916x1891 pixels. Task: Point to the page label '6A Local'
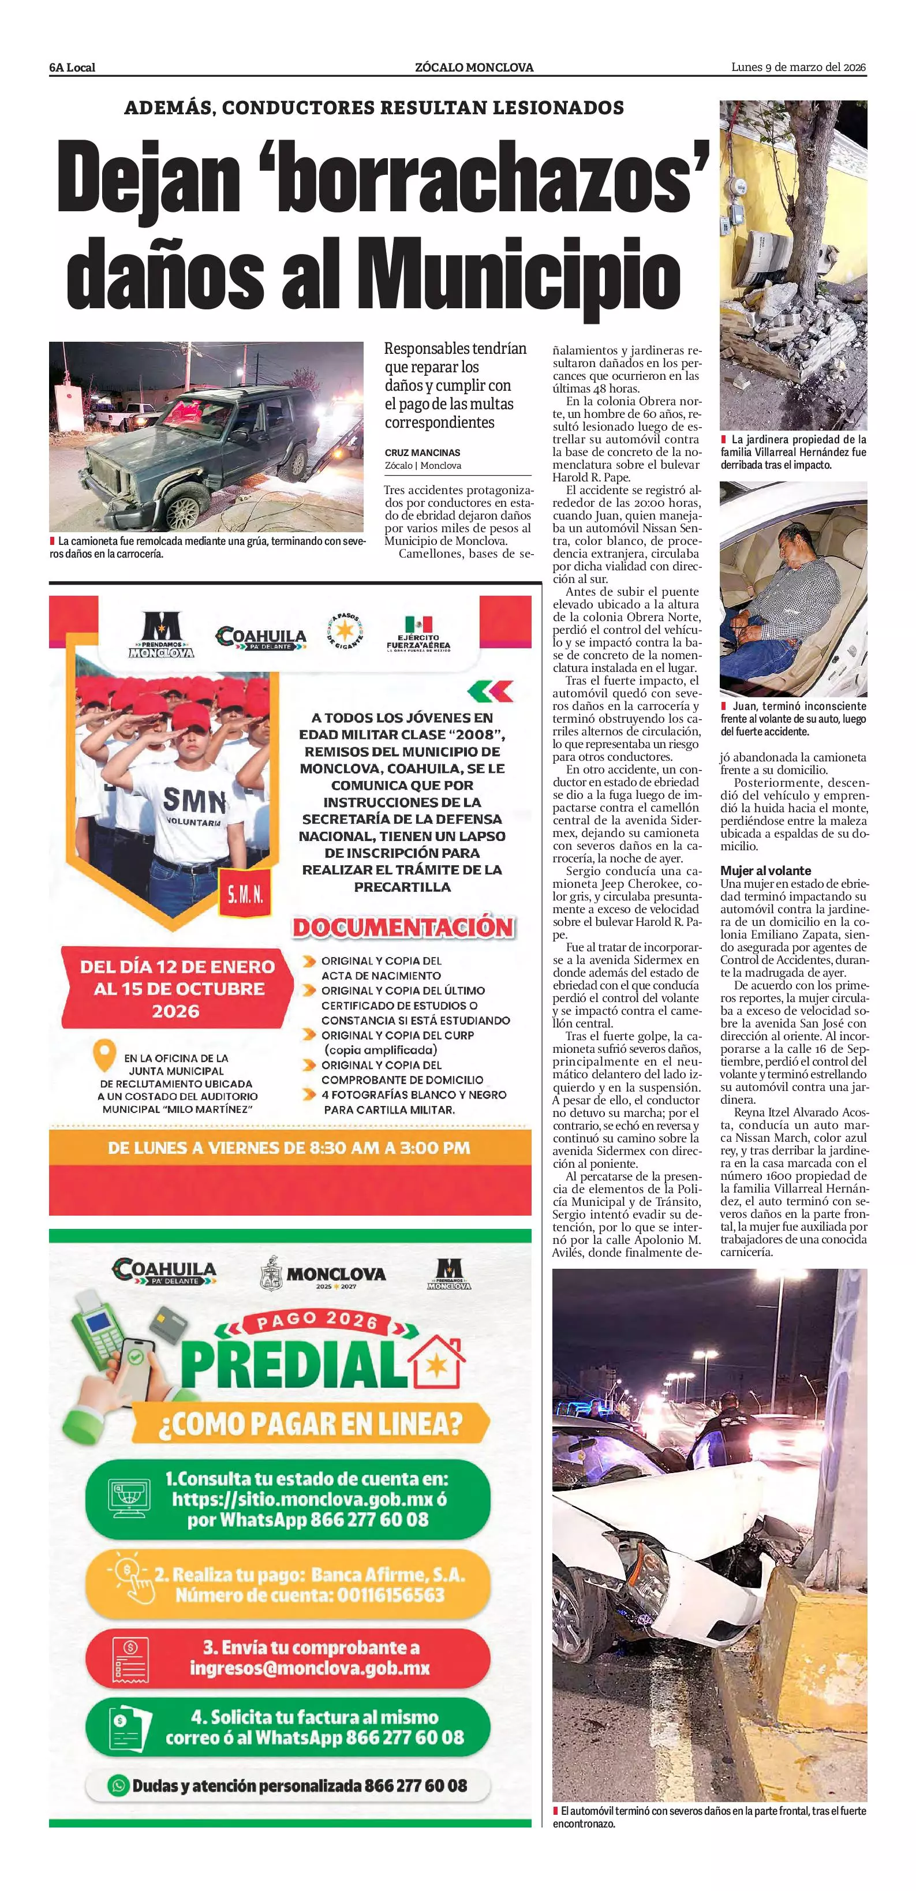pos(72,68)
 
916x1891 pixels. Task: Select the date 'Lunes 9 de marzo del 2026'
pos(799,68)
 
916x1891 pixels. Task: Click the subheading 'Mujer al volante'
pos(765,870)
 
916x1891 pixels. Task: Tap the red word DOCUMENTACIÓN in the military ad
pos(403,927)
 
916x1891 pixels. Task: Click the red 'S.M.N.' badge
pos(244,894)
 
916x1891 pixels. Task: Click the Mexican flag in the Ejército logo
pos(418,624)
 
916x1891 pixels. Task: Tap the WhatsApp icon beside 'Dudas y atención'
pos(118,1785)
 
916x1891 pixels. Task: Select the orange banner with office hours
pos(290,1148)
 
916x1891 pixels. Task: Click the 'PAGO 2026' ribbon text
pos(316,1321)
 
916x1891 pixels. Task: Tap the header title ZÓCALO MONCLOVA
pos(474,68)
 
